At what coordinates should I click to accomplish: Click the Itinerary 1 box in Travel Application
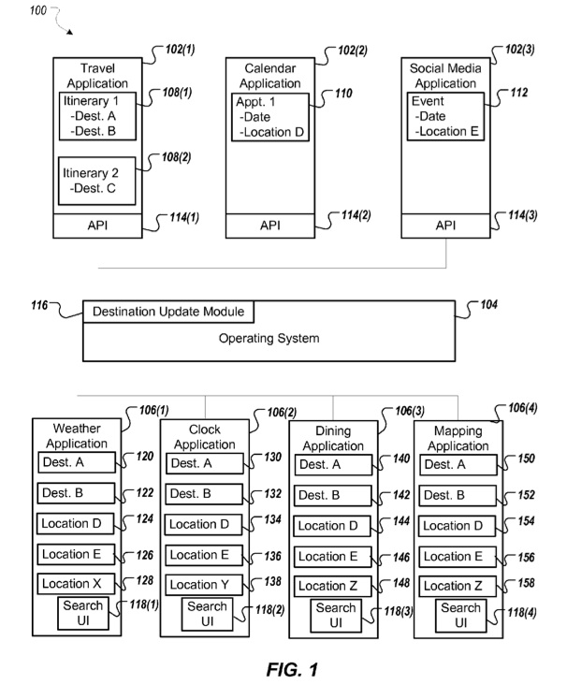coord(97,116)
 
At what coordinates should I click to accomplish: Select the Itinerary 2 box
coord(96,181)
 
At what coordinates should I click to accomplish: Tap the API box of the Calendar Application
coord(270,226)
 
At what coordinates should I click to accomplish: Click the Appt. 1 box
coord(270,117)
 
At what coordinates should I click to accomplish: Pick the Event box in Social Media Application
coord(445,116)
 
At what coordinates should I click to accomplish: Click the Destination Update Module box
coord(168,312)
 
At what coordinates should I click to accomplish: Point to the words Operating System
coord(269,339)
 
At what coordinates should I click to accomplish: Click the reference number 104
coord(488,305)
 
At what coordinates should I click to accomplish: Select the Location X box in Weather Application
coord(76,584)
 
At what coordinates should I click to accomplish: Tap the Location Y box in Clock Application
coord(204,585)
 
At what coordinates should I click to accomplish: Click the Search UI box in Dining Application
coord(336,616)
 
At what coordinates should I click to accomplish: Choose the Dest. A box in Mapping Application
coord(458,465)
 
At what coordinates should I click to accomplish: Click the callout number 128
coord(145,580)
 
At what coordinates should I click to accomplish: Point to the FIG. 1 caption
coord(292,670)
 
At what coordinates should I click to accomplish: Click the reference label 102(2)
coord(353,50)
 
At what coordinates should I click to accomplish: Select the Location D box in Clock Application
coord(204,525)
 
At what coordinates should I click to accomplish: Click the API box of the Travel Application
coord(97,226)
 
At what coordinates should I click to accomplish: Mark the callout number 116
coord(39,305)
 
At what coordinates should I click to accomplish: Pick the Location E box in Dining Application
coord(332,557)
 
